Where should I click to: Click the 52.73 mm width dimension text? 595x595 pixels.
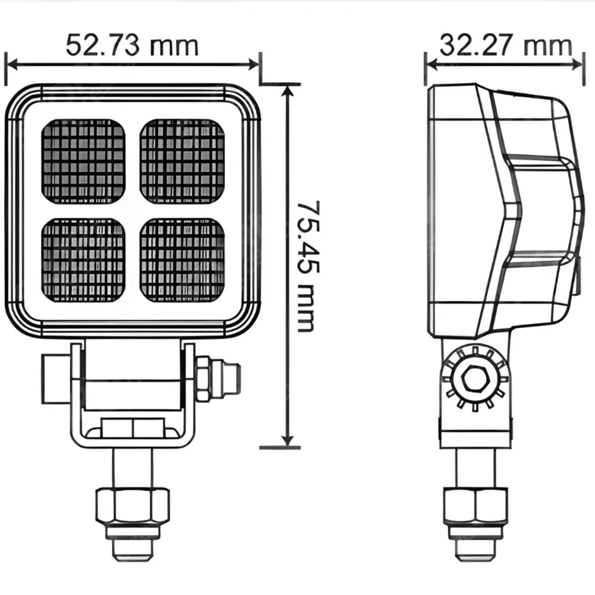131,45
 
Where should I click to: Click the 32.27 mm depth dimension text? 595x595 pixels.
505,45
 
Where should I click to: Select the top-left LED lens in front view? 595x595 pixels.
83,161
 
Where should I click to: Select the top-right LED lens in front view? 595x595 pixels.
182,161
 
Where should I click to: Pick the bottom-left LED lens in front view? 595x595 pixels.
83,259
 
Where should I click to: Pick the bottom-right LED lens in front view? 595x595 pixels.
182,259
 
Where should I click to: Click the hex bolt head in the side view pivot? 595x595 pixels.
475,379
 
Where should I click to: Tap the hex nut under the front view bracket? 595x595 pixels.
132,505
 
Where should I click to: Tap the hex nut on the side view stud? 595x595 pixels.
475,505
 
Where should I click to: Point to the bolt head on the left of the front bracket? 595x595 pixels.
56,378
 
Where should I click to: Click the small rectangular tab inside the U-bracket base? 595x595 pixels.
132,427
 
